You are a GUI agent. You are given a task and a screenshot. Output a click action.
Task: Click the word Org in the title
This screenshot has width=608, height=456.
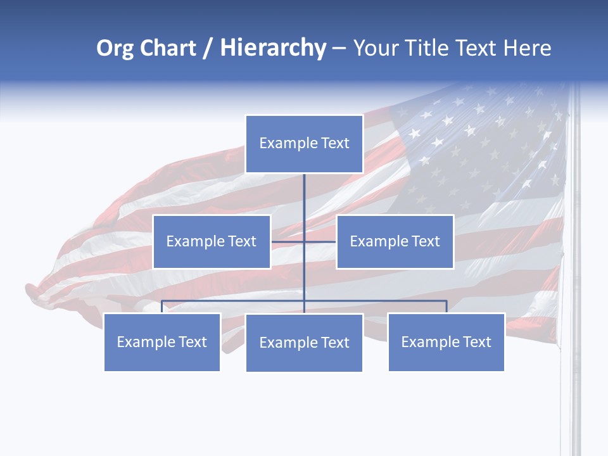tap(115, 48)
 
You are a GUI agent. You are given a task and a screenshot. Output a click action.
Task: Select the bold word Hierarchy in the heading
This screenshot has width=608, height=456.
tap(273, 48)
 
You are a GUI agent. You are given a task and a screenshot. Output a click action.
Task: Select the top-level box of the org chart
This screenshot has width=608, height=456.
tap(304, 144)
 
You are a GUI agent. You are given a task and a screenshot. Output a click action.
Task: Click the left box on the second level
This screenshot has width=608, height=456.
tap(212, 241)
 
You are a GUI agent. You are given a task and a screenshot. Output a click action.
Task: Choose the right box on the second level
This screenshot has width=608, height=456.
tap(395, 241)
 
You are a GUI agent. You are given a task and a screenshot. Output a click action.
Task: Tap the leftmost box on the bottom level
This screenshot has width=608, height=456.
tap(161, 342)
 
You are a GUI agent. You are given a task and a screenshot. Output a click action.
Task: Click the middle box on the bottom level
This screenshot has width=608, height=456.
tap(304, 343)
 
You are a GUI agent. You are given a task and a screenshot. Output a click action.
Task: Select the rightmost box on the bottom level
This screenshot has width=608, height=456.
tap(446, 342)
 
